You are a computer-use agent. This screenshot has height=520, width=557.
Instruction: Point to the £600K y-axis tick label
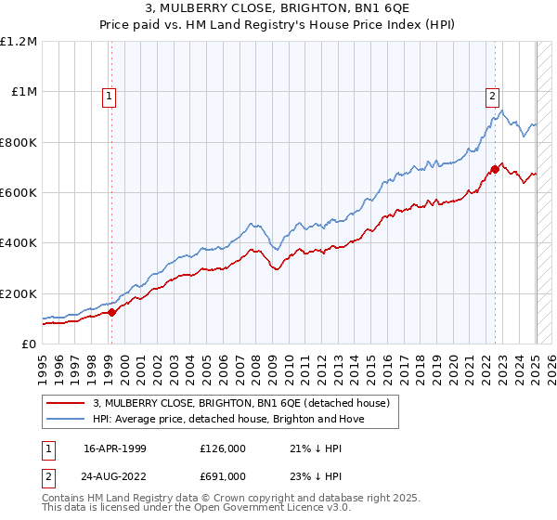pos(19,192)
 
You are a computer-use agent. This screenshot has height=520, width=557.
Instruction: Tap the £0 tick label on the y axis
pos(29,344)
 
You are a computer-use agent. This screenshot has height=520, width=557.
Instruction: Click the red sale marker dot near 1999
pos(112,312)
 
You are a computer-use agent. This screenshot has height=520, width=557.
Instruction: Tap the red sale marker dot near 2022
pos(496,169)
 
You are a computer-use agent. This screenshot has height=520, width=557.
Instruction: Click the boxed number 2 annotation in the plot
pos(491,94)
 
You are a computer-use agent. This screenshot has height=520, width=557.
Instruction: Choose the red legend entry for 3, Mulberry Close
pos(222,403)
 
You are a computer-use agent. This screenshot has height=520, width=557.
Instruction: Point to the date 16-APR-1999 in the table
pos(115,448)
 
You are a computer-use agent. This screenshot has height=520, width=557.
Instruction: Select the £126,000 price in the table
pos(222,448)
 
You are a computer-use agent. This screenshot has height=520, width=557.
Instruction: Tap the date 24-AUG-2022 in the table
pos(115,475)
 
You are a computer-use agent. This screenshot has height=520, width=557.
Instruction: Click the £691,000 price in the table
pos(222,475)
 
